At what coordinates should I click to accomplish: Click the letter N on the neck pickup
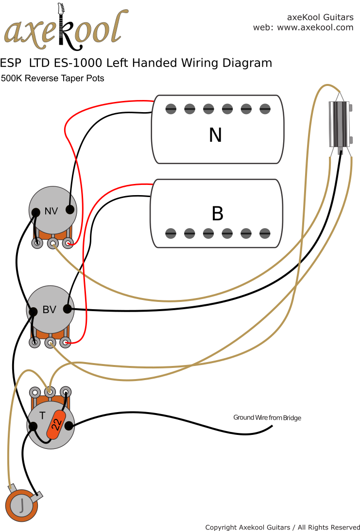tap(215, 135)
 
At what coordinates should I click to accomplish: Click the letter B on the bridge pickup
tap(217, 214)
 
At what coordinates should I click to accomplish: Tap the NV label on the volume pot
tap(51, 211)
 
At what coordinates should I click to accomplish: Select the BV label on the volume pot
tap(49, 310)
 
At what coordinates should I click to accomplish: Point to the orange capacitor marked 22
tap(56, 424)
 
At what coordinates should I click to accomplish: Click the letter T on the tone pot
tap(42, 415)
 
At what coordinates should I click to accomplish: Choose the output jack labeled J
tap(21, 506)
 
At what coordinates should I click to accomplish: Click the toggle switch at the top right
tap(340, 124)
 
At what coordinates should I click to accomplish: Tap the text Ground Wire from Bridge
tap(267, 417)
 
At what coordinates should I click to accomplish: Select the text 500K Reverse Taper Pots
tap(52, 78)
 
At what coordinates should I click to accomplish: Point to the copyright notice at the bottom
tap(282, 527)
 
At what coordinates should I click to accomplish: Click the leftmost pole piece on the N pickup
tap(171, 109)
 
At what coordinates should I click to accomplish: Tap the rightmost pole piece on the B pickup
tap(264, 233)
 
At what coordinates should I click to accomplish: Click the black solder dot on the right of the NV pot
tap(70, 210)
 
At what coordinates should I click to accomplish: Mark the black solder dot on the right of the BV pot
tap(68, 309)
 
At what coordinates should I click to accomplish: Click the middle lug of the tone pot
tap(50, 391)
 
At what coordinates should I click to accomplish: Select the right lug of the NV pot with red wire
tap(69, 243)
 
